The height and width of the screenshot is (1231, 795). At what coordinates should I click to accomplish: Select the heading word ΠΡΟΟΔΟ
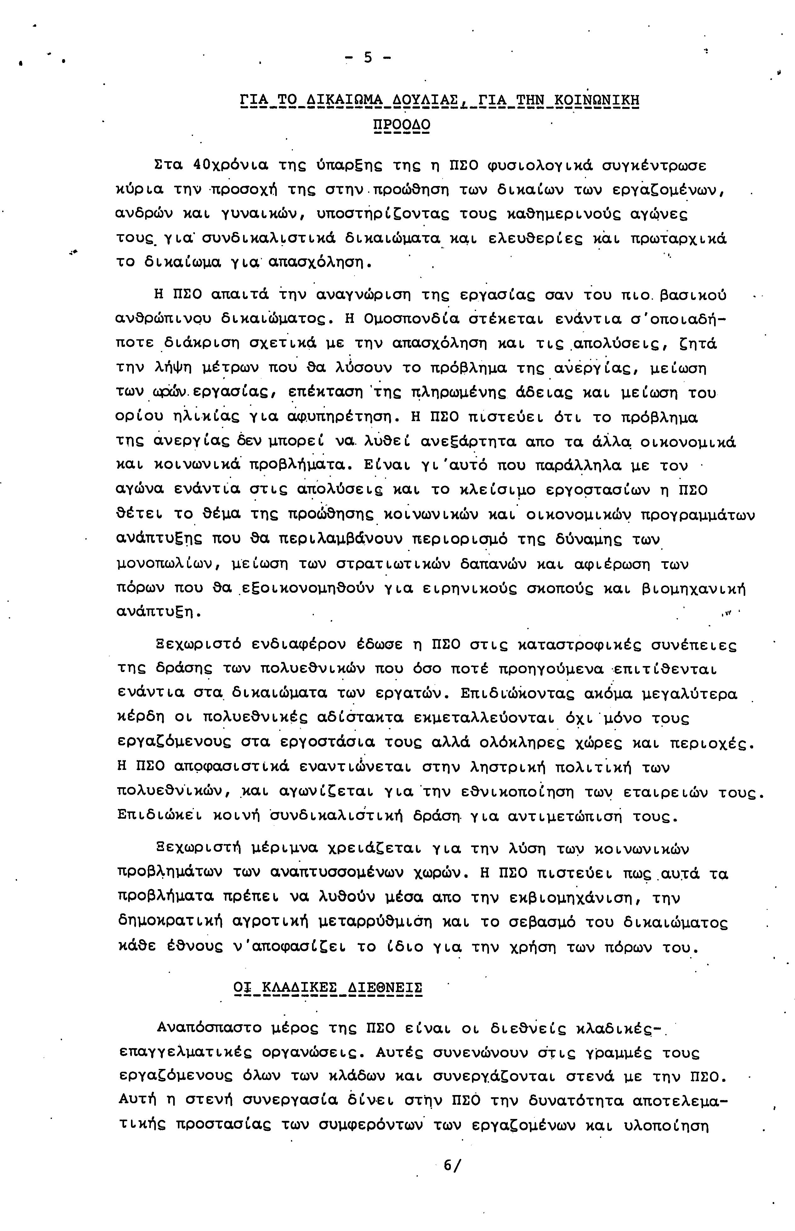(402, 125)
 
